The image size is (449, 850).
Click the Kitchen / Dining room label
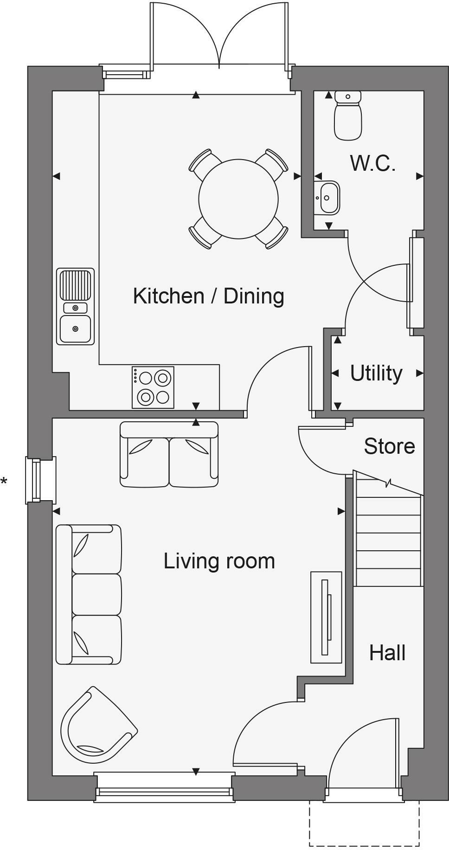point(208,296)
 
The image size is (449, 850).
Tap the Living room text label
point(219,561)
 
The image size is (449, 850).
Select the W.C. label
point(373,163)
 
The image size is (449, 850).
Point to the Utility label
point(376,373)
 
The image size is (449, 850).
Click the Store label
point(389,446)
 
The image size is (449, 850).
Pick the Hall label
point(387,653)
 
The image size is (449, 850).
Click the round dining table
point(238,199)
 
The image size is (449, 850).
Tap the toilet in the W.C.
point(348,116)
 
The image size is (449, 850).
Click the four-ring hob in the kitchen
point(153,387)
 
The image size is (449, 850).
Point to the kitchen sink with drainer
point(75,307)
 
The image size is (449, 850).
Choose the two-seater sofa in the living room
point(169,454)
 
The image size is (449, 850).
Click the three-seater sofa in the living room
point(89,594)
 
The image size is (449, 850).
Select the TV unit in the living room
point(326,617)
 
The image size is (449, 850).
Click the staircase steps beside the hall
point(388,529)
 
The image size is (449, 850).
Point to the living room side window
point(40,480)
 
